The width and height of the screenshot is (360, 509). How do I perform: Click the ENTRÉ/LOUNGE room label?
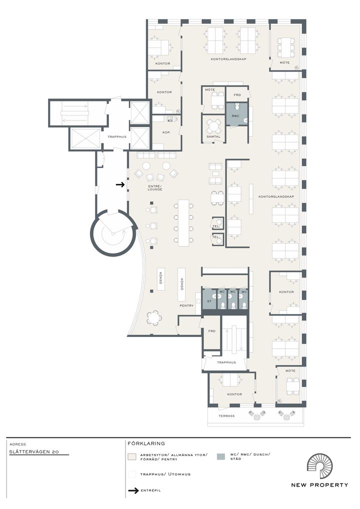pyautogui.click(x=155, y=187)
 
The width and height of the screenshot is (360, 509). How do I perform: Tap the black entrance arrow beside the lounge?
pyautogui.click(x=120, y=184)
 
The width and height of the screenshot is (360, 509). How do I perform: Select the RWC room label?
pyautogui.click(x=235, y=116)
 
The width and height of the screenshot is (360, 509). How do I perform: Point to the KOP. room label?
pyautogui.click(x=166, y=132)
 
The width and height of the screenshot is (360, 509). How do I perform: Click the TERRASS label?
pyautogui.click(x=226, y=415)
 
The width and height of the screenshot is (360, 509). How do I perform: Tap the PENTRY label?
pyautogui.click(x=186, y=305)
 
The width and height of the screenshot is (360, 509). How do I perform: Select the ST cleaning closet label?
pyautogui.click(x=209, y=301)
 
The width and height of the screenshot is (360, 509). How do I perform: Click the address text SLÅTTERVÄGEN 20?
pyautogui.click(x=34, y=451)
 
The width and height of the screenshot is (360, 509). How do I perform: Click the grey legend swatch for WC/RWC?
pyautogui.click(x=220, y=456)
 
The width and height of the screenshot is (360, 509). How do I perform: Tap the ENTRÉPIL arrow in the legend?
pyautogui.click(x=133, y=490)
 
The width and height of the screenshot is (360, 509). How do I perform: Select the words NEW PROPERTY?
pyautogui.click(x=319, y=485)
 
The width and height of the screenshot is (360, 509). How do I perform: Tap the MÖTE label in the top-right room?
pyautogui.click(x=284, y=62)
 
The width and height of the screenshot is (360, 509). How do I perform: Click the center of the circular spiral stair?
pyautogui.click(x=112, y=233)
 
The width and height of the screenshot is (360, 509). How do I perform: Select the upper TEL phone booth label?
pyautogui.click(x=215, y=226)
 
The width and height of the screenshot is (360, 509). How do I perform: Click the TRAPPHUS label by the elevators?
pyautogui.click(x=117, y=136)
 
